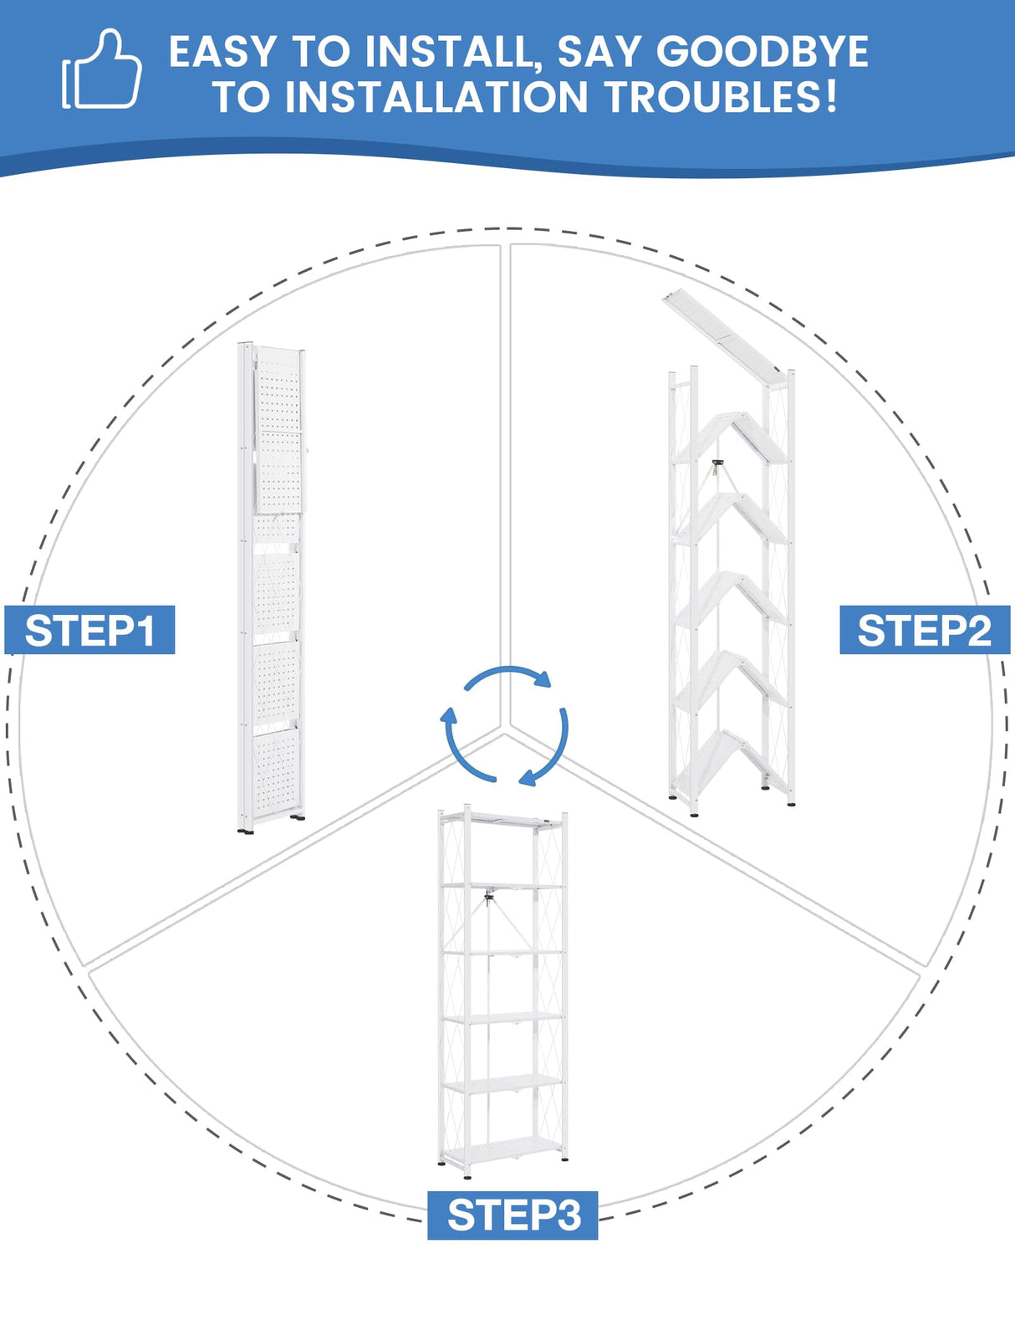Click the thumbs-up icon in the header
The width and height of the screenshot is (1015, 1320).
102,70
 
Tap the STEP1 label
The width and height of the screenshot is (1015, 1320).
89,629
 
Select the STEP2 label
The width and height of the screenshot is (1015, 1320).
925,629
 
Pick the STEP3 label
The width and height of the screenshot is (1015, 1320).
513,1215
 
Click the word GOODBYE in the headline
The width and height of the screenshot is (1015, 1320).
763,52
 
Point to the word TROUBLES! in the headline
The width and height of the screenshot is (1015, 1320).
722,96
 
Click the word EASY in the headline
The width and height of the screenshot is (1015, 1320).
222,52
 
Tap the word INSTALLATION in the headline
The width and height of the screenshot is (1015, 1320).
436,96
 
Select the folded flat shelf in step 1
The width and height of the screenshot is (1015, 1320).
272,586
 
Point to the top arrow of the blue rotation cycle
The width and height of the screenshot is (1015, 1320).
507,676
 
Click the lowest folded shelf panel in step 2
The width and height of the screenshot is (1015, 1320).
731,761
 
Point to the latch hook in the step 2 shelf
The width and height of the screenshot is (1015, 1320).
717,466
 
